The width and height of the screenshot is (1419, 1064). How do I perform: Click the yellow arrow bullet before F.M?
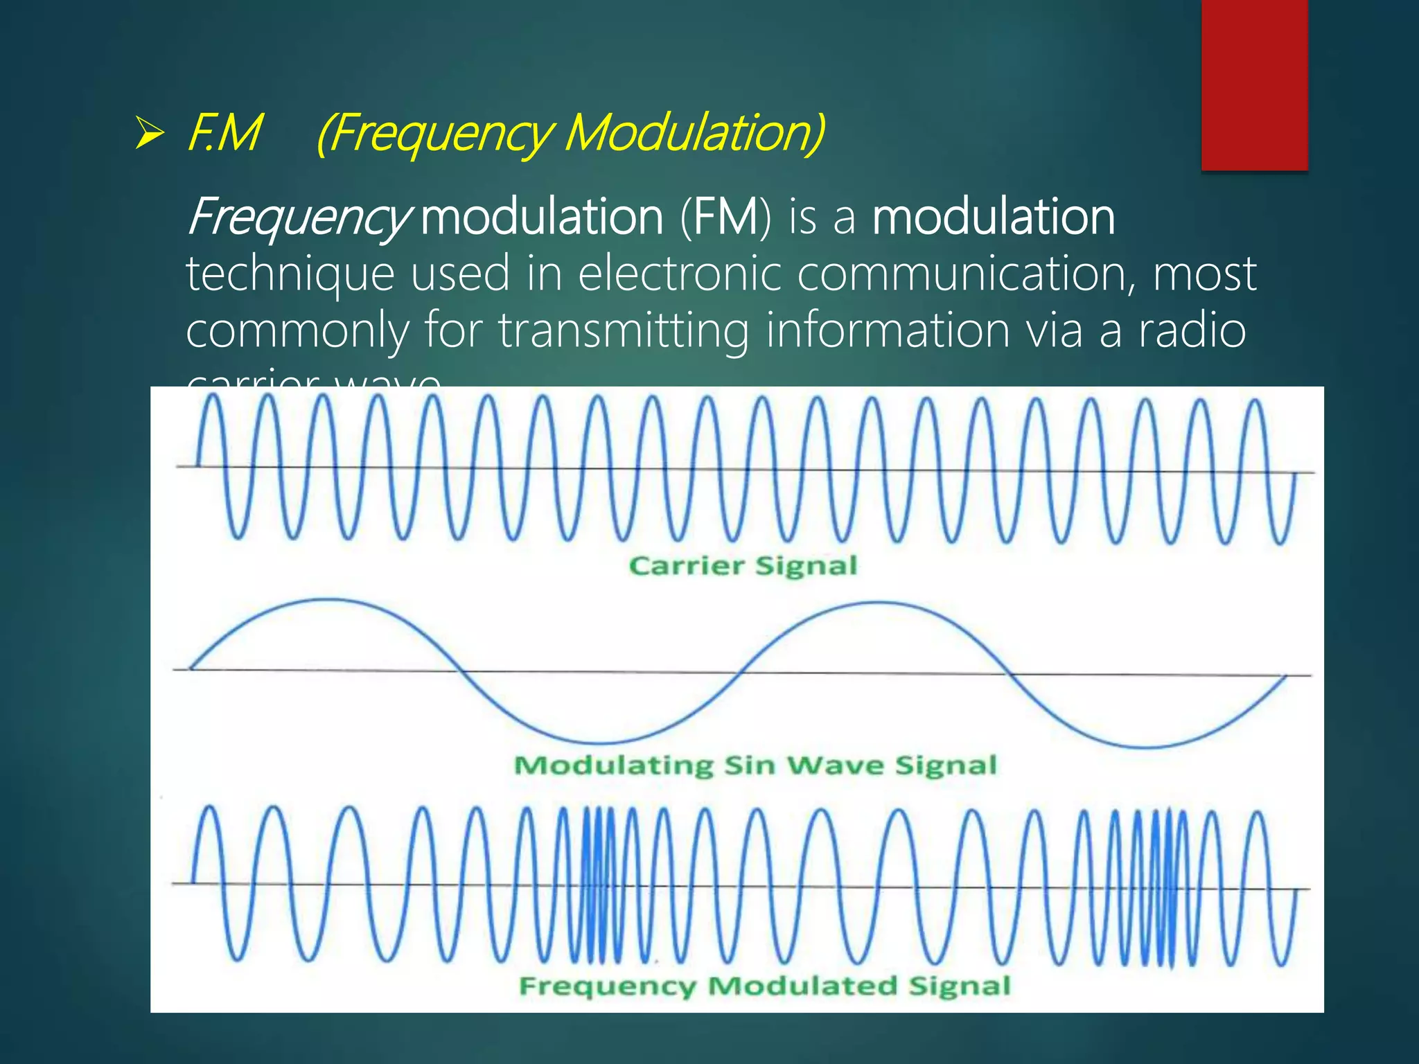(x=150, y=133)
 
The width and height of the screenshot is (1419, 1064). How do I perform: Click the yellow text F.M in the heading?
(x=224, y=133)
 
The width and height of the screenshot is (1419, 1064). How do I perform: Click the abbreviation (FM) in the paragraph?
(x=725, y=218)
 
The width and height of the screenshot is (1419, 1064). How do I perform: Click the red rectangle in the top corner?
(x=1254, y=85)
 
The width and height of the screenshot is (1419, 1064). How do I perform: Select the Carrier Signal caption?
(x=743, y=566)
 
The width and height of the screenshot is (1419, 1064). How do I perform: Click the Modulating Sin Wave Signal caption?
(x=755, y=765)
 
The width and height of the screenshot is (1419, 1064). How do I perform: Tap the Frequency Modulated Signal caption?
(x=765, y=986)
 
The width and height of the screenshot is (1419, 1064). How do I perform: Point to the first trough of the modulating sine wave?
(x=601, y=741)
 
